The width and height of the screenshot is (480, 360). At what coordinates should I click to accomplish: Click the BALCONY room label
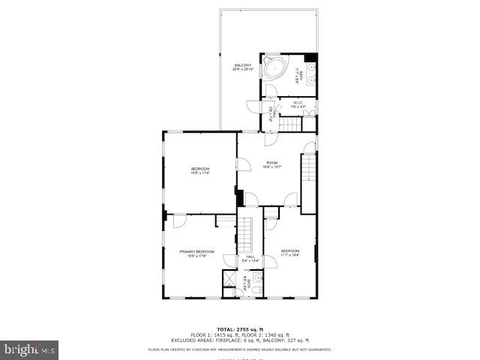[x=242, y=66]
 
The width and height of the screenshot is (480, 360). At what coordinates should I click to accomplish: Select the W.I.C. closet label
[x=298, y=103]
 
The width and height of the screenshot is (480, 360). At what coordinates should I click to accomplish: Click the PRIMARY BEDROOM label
[x=196, y=251]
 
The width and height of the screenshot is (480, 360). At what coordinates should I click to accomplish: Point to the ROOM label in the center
[x=271, y=163]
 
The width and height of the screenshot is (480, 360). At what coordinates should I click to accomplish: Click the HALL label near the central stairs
[x=250, y=256]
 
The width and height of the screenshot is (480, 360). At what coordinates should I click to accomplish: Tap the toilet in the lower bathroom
[x=256, y=288]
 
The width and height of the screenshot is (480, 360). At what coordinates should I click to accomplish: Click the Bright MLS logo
[x=30, y=349]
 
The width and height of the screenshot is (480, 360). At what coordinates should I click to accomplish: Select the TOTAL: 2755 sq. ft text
[x=239, y=328]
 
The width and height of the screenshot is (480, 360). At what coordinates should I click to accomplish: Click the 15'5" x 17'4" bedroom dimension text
[x=199, y=173]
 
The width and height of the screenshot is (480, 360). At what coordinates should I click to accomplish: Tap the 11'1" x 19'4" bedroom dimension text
[x=290, y=255]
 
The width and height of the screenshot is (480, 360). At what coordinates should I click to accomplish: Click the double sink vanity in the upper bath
[x=311, y=73]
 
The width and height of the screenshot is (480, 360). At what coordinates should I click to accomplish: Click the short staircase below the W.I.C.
[x=290, y=122]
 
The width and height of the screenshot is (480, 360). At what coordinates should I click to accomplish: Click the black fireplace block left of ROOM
[x=239, y=199]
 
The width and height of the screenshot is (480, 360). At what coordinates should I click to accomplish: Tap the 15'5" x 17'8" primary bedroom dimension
[x=196, y=256]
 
